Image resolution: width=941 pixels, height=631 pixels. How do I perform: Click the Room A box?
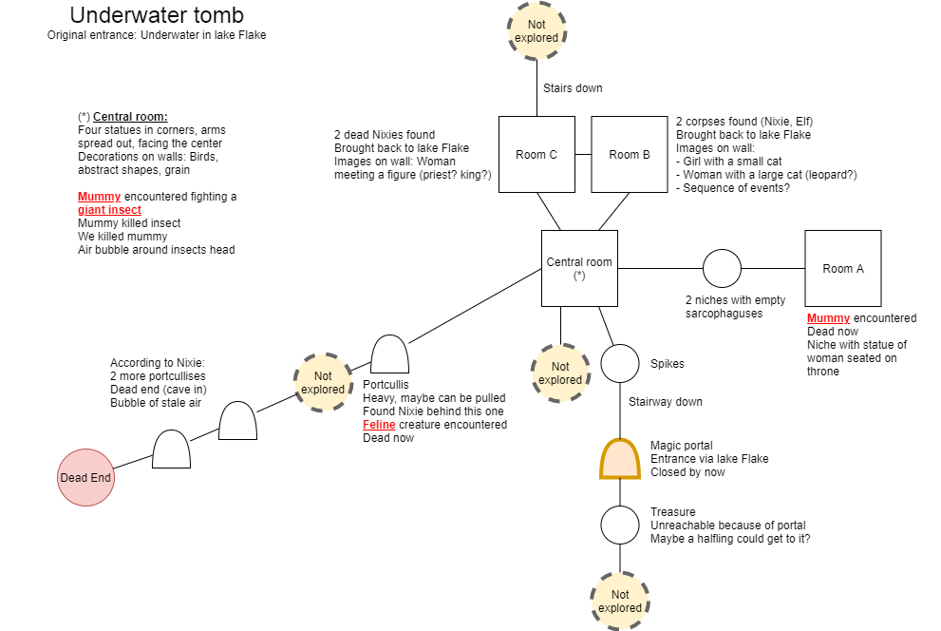[842, 268]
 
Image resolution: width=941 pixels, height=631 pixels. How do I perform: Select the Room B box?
[629, 154]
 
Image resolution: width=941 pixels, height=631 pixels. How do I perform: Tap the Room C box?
[536, 154]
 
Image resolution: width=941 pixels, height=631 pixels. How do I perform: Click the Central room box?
[579, 268]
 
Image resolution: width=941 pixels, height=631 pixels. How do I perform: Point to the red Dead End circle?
[85, 477]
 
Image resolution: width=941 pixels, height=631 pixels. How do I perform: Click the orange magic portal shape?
[620, 459]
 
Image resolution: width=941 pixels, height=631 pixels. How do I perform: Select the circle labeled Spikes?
[620, 363]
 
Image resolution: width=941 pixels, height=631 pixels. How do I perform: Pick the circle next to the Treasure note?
[620, 525]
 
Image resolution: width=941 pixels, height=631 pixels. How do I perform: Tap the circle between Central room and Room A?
[722, 268]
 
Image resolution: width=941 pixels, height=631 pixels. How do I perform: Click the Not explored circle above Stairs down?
[536, 31]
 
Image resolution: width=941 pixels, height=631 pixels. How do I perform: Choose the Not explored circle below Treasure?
[620, 601]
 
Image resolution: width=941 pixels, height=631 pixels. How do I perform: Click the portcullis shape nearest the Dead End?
[172, 449]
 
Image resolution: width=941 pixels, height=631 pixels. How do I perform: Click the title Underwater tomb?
[157, 15]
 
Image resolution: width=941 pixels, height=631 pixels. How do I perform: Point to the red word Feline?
[379, 425]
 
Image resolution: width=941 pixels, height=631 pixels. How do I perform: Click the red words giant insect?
[109, 209]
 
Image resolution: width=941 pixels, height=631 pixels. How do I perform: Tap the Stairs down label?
[573, 87]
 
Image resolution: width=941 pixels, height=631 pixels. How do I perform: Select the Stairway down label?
[665, 402]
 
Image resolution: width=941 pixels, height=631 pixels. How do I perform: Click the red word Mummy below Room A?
[828, 318]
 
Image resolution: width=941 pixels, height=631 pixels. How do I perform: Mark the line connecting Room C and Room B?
[583, 154]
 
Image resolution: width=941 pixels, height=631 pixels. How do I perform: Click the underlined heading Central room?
[130, 117]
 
